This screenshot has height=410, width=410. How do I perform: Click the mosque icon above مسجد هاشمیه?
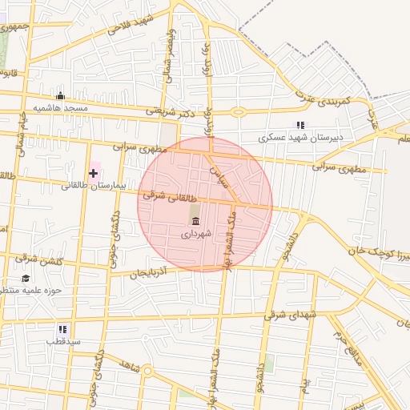[x=61, y=96]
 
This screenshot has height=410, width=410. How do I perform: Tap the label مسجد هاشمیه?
[x=60, y=107]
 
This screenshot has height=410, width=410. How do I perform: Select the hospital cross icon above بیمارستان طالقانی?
[x=94, y=173]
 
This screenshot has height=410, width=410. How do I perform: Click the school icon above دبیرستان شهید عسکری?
[x=300, y=125]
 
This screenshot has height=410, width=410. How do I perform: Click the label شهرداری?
[x=196, y=234]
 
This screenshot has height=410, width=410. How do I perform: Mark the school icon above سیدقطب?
[x=62, y=329]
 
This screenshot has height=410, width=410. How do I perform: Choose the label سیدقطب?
[x=63, y=341]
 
